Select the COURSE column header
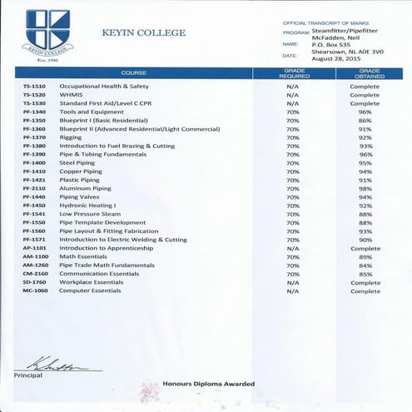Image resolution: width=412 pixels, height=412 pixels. pos(133,73)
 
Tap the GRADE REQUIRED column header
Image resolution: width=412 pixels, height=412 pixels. pos(294,73)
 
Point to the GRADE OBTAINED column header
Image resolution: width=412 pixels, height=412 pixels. pos(370,73)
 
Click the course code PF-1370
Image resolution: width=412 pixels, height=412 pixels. pos(34,137)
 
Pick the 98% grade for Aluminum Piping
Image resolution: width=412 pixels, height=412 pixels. pos(365,188)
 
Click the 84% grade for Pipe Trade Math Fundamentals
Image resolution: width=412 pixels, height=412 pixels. pos(365,265)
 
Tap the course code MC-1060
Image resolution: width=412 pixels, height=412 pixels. pos(35,290)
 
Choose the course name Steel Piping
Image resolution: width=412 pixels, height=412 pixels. pos(77,163)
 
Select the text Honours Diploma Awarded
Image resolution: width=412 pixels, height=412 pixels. pos(208,384)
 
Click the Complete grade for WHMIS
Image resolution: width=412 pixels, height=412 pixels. pos(365,95)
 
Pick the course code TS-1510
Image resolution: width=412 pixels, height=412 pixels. pos(34,87)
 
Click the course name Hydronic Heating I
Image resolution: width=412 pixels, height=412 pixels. pos(87,205)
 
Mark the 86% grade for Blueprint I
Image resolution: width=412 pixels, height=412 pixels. pos(365,121)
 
